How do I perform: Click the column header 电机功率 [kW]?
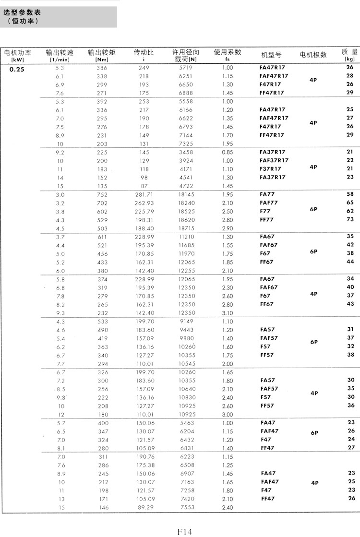coord(17,56)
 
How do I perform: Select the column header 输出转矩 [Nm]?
coord(102,56)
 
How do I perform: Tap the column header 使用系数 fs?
coord(228,55)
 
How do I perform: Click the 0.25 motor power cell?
coord(17,68)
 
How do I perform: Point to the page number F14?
coord(184,531)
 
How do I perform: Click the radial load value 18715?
coord(186,228)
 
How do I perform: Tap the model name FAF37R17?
coord(274,160)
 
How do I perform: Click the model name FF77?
coord(265,219)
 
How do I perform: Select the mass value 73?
coord(350,219)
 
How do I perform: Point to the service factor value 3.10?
coord(228,313)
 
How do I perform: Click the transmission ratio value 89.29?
coord(144,507)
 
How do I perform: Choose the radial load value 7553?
coord(186,507)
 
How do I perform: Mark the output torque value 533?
coord(102,322)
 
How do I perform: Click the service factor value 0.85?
coord(228,152)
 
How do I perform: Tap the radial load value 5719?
coord(186,68)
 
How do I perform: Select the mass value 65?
coord(350,203)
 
